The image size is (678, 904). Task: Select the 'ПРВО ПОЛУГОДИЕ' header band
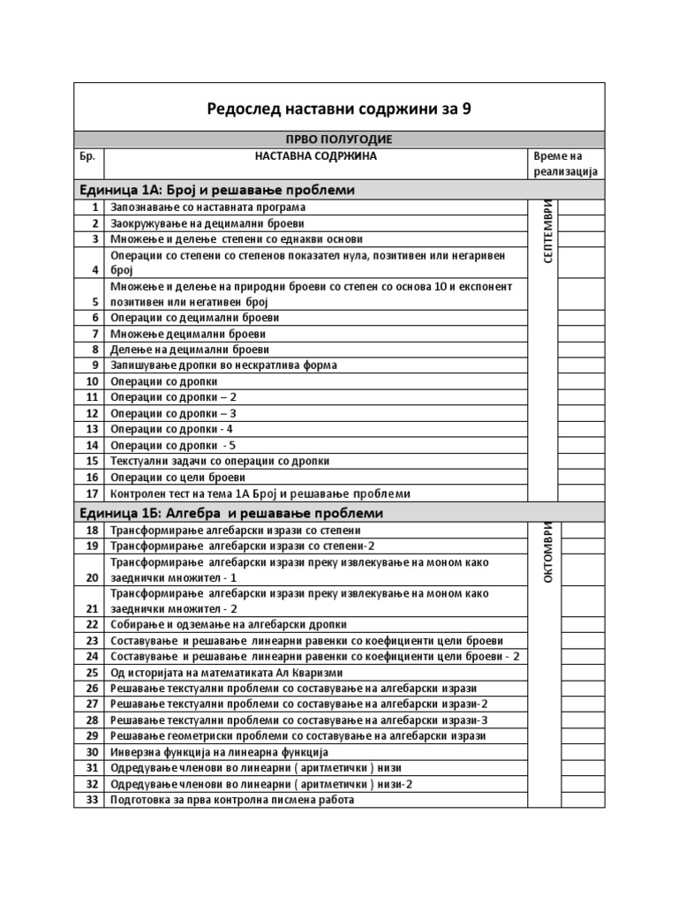338,139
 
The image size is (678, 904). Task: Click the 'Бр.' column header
89,156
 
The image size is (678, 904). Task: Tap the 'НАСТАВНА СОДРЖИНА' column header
315,156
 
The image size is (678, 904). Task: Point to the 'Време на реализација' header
566,163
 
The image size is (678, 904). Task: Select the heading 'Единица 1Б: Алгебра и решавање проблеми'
231,513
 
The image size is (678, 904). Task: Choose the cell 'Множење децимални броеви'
188,334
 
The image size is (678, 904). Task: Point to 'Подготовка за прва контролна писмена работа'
232,800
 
